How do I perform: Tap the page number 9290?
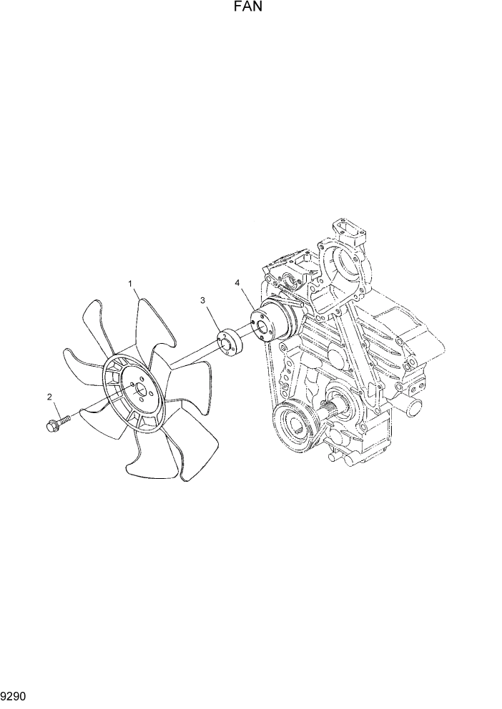(x=15, y=694)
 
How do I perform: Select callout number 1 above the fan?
(x=131, y=284)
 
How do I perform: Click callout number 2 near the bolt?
(x=49, y=397)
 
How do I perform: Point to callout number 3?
(x=203, y=301)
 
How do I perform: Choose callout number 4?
(x=237, y=284)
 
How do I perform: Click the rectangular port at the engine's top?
(x=350, y=233)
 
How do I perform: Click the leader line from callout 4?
(x=245, y=297)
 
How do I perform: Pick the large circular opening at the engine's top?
(x=351, y=265)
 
